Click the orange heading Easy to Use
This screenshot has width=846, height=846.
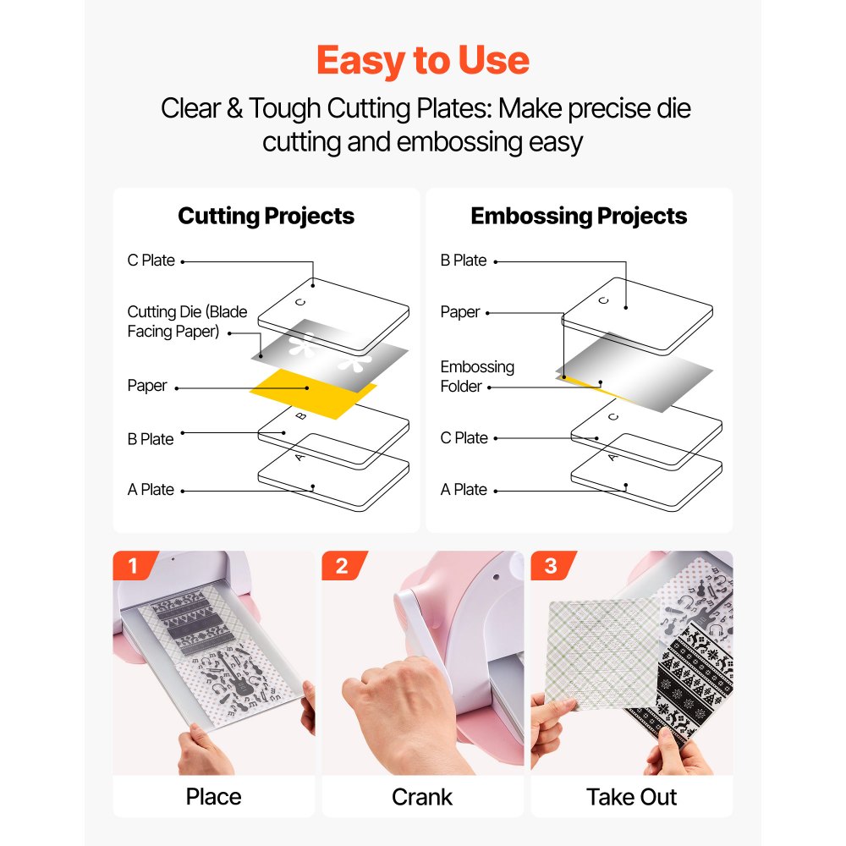[422, 60]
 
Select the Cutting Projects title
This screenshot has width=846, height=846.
[266, 216]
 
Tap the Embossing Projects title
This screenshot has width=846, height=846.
[579, 216]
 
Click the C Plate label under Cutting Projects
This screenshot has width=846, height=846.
[151, 260]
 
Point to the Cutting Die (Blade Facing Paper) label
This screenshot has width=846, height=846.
[187, 321]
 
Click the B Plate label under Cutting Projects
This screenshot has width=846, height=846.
[151, 439]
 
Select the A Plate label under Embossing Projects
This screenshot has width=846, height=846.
[464, 489]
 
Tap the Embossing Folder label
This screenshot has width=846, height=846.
[477, 376]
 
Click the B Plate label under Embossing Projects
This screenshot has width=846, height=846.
[464, 260]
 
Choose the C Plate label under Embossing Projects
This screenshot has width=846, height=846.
[464, 437]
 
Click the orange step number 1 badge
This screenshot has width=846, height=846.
[134, 565]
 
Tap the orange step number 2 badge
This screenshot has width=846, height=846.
[343, 565]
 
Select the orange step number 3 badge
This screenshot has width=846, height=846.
[552, 565]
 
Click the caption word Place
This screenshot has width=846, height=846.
[214, 797]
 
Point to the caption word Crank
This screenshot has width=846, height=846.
[422, 797]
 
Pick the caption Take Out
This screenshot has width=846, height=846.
[631, 797]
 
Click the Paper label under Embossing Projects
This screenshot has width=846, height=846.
[459, 312]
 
